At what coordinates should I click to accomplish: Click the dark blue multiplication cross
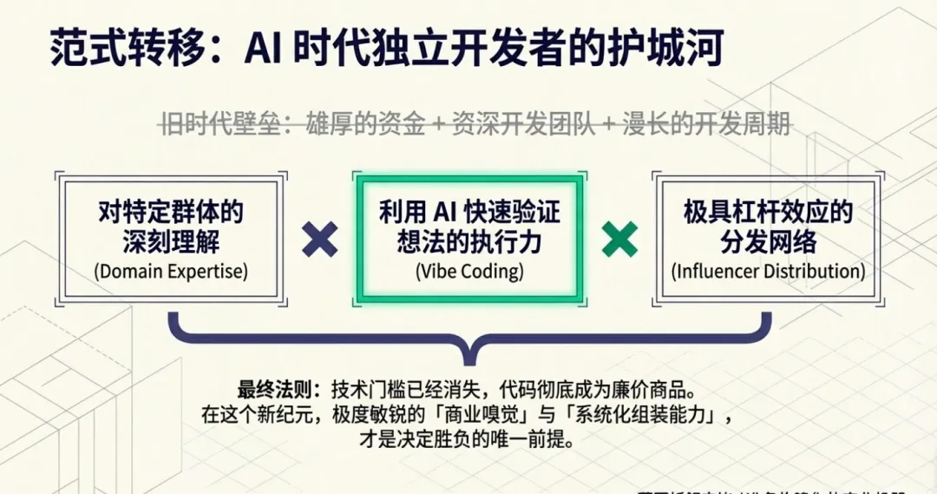tap(320, 239)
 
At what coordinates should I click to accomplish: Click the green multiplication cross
tap(619, 239)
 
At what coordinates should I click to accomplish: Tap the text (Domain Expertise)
tap(171, 271)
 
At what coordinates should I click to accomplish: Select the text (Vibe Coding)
tap(469, 271)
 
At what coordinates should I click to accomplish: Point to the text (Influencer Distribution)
tap(768, 271)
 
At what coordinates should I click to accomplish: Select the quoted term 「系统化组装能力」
tap(632, 414)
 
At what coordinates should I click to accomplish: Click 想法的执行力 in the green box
tap(469, 240)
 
